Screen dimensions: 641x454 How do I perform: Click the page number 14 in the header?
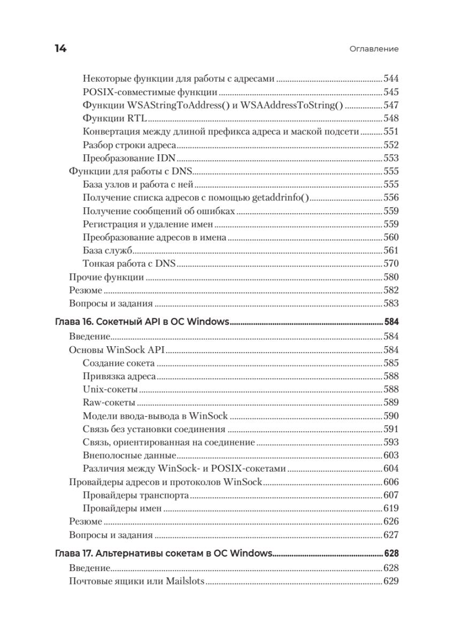[60, 49]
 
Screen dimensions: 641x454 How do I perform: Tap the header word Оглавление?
[374, 49]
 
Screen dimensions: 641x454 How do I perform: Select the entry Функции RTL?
[115, 118]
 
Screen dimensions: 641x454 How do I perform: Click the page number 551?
[391, 131]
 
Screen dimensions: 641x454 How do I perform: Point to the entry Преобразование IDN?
[130, 158]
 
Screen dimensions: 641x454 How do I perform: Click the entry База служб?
[107, 251]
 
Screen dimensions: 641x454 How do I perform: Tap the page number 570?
[391, 264]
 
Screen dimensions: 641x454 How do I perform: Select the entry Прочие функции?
[106, 277]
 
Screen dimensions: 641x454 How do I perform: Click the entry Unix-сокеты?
[110, 389]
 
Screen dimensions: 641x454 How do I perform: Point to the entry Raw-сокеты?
[109, 403]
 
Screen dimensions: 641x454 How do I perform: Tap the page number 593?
[391, 442]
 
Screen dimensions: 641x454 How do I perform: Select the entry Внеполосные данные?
[130, 455]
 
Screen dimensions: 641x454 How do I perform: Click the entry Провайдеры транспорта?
[136, 495]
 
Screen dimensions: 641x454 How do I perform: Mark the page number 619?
[391, 509]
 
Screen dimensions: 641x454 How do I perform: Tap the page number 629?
[391, 581]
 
